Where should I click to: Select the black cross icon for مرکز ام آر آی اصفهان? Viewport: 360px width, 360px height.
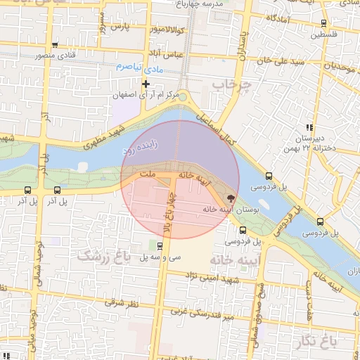(146, 84)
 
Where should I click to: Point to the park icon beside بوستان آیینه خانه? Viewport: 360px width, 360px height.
(232, 198)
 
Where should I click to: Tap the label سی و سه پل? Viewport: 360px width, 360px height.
(161, 258)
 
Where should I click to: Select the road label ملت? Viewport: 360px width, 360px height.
(147, 173)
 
